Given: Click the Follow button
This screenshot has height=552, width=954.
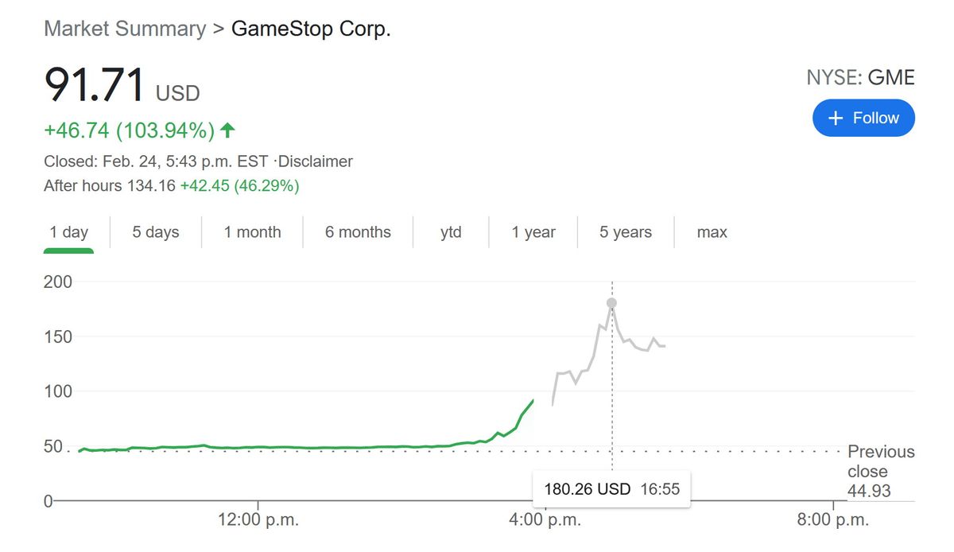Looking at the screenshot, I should click(x=863, y=118).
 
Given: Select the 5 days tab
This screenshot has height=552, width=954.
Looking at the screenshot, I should click(x=156, y=232).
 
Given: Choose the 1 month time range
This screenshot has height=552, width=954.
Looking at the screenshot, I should click(x=252, y=232).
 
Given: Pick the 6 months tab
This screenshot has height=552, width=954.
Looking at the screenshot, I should click(x=358, y=232).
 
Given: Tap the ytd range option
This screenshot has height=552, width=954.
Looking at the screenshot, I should click(x=451, y=232).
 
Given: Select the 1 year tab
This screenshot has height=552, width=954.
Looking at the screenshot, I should click(x=533, y=232).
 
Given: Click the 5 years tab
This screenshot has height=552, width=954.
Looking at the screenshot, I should click(x=626, y=232).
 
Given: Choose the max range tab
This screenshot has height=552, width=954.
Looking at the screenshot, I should click(x=712, y=232).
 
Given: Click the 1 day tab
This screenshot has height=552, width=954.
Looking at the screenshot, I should click(x=68, y=232).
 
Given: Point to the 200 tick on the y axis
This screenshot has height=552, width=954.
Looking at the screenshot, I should click(x=58, y=282).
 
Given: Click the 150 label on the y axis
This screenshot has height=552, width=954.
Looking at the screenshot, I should click(x=58, y=336).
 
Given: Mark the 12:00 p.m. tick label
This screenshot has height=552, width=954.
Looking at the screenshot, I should click(x=258, y=521).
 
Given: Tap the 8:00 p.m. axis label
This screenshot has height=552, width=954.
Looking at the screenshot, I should click(x=833, y=521).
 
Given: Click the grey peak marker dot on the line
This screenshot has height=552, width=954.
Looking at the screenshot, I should click(x=611, y=303).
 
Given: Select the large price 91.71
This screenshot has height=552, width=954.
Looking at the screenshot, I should click(x=95, y=85).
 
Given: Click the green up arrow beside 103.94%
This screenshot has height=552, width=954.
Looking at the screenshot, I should click(x=228, y=130).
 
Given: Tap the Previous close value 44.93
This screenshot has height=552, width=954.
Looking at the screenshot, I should click(x=869, y=492).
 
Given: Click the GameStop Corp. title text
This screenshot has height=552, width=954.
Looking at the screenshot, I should click(x=311, y=29).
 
